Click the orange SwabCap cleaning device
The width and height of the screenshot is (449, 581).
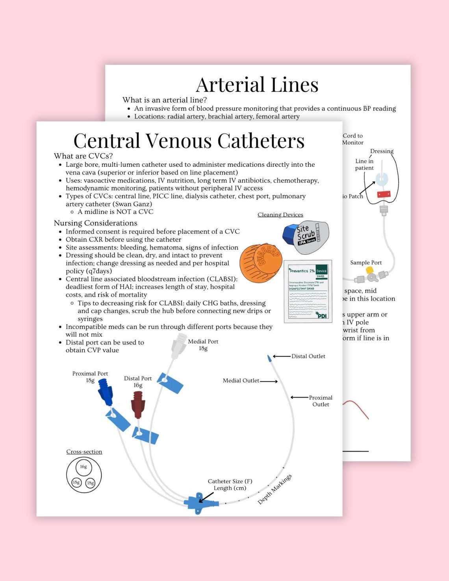point(261,263)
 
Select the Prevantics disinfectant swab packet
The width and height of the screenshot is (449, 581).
point(308,291)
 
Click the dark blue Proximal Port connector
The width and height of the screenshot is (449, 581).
point(106,392)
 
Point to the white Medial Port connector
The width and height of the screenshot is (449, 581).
point(178,345)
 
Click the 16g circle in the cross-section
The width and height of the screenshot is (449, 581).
point(83,467)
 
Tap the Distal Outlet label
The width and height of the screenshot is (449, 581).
point(308,356)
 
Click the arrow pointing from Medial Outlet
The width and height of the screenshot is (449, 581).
point(269,381)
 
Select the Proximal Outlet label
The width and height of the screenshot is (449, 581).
point(320,401)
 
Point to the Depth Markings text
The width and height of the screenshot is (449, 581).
point(275,489)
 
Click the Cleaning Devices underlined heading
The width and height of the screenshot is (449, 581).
point(280,215)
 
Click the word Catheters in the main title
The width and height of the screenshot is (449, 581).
point(261,141)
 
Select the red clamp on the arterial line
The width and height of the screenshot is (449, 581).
point(384,194)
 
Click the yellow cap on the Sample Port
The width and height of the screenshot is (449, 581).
point(369,270)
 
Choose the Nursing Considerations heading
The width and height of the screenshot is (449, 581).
point(96,223)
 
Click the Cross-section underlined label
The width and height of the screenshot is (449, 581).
point(84,451)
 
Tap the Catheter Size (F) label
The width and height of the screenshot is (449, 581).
point(230,481)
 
